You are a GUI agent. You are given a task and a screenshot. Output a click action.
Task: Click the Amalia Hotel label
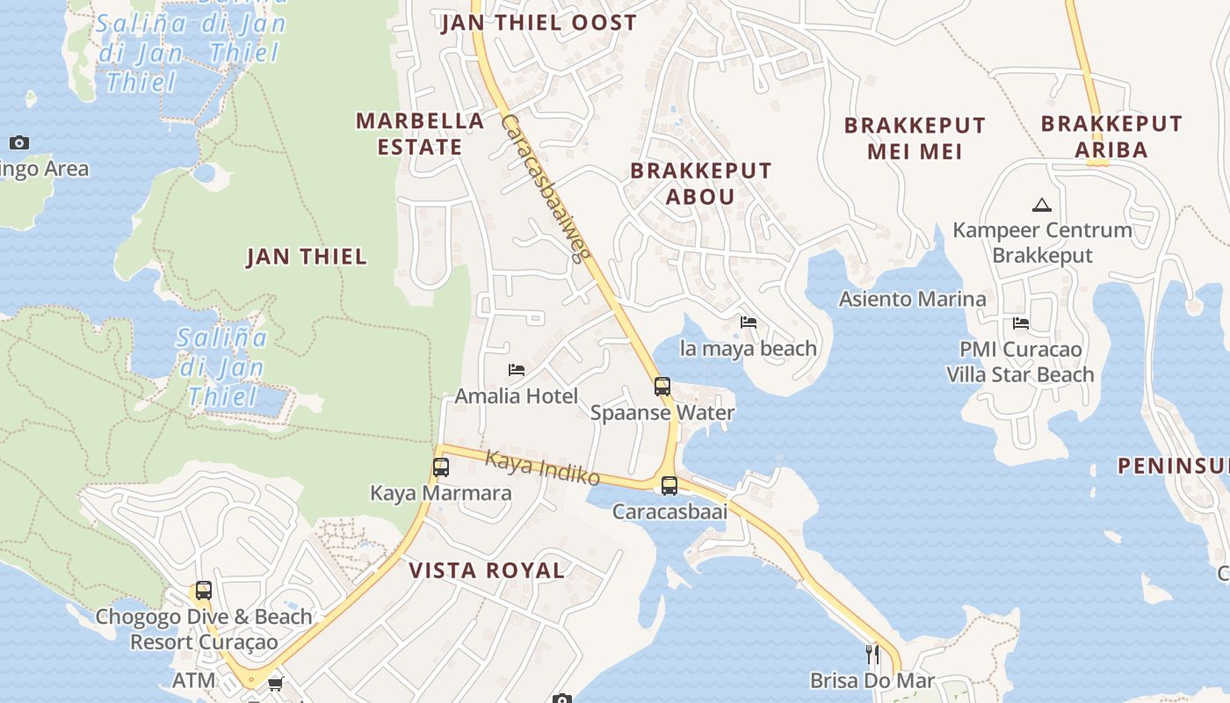[x=516, y=396]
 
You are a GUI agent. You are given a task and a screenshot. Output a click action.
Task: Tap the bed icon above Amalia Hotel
[x=517, y=370]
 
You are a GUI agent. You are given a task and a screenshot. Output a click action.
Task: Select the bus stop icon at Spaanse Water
[x=662, y=386]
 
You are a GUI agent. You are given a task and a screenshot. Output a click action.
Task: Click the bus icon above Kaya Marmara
[x=441, y=467]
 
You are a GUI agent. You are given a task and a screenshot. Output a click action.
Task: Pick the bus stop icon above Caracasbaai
[x=669, y=485]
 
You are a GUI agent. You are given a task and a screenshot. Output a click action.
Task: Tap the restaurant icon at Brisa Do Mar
[x=872, y=655]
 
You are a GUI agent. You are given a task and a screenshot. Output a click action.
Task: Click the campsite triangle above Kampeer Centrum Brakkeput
[x=1042, y=206]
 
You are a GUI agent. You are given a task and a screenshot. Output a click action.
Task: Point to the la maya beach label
[x=749, y=349]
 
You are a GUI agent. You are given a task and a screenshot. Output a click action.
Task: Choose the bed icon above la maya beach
[x=749, y=323]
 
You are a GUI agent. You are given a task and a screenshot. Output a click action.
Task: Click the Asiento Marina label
[x=912, y=299]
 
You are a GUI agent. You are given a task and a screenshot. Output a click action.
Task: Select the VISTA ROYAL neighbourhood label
[x=487, y=570]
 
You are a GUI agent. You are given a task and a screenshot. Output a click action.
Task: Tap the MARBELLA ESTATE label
[x=420, y=134]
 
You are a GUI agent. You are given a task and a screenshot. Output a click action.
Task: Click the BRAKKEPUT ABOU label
[x=700, y=183]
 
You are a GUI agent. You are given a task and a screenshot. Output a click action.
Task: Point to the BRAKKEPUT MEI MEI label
[x=915, y=138]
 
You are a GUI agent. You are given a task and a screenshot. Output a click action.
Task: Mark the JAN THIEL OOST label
[x=539, y=23]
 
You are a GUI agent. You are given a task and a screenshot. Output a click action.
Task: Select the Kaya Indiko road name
[x=542, y=467]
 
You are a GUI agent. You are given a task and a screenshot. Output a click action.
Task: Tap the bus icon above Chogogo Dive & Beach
[x=204, y=591]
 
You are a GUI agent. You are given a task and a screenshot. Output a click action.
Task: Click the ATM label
[x=193, y=680]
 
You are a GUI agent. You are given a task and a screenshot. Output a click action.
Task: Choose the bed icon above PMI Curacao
[x=1020, y=323]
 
